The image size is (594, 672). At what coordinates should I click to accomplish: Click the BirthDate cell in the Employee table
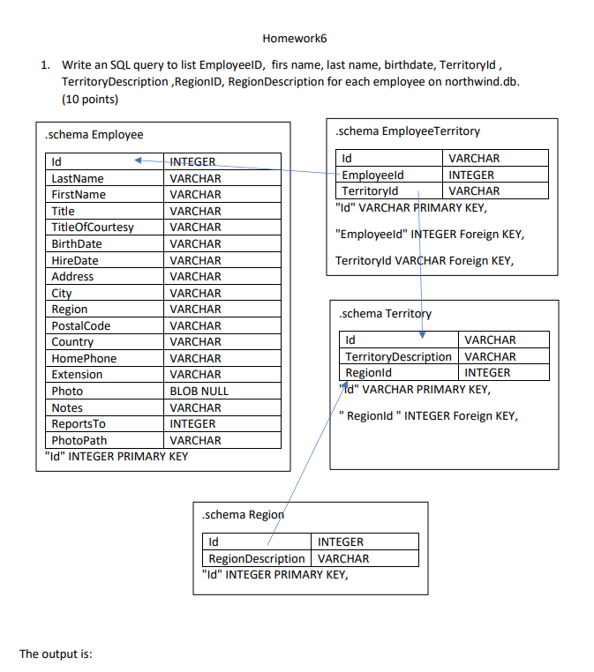point(77,244)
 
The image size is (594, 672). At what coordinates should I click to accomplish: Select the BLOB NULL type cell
point(199,392)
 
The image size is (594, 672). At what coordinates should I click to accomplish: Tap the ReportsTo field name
point(78,424)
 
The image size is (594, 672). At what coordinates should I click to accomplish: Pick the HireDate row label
point(75,261)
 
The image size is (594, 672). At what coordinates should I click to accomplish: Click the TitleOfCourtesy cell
point(93,228)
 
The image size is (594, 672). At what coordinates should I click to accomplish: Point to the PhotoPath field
point(79,441)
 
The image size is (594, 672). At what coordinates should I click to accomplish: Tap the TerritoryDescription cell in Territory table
point(398,357)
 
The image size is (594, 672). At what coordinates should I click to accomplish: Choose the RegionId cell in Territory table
point(368,373)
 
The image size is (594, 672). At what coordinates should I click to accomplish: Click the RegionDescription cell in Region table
point(257,559)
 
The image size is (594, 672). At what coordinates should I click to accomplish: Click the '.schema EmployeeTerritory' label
point(407,131)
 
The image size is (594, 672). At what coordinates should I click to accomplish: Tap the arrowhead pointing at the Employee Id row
point(139,161)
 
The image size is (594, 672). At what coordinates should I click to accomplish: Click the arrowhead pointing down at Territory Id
point(422,334)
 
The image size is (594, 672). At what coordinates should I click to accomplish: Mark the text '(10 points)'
point(90,99)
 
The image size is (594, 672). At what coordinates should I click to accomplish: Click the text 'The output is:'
point(56,654)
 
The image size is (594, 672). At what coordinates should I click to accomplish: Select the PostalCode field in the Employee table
point(81,326)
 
